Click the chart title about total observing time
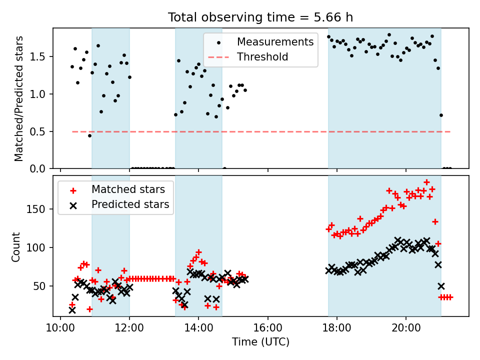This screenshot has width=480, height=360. pos(260,17)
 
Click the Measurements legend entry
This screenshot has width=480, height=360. pos(275,41)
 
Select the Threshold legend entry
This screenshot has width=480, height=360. pos(262,57)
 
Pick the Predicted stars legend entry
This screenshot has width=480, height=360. pos(130,204)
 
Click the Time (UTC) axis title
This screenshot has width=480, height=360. pos(260,342)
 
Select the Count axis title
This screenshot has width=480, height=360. pos(16,246)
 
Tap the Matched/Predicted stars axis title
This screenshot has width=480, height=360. pos(19,98)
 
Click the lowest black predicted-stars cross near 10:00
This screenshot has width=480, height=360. pos(72,310)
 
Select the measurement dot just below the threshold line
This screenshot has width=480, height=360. pos(89,135)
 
